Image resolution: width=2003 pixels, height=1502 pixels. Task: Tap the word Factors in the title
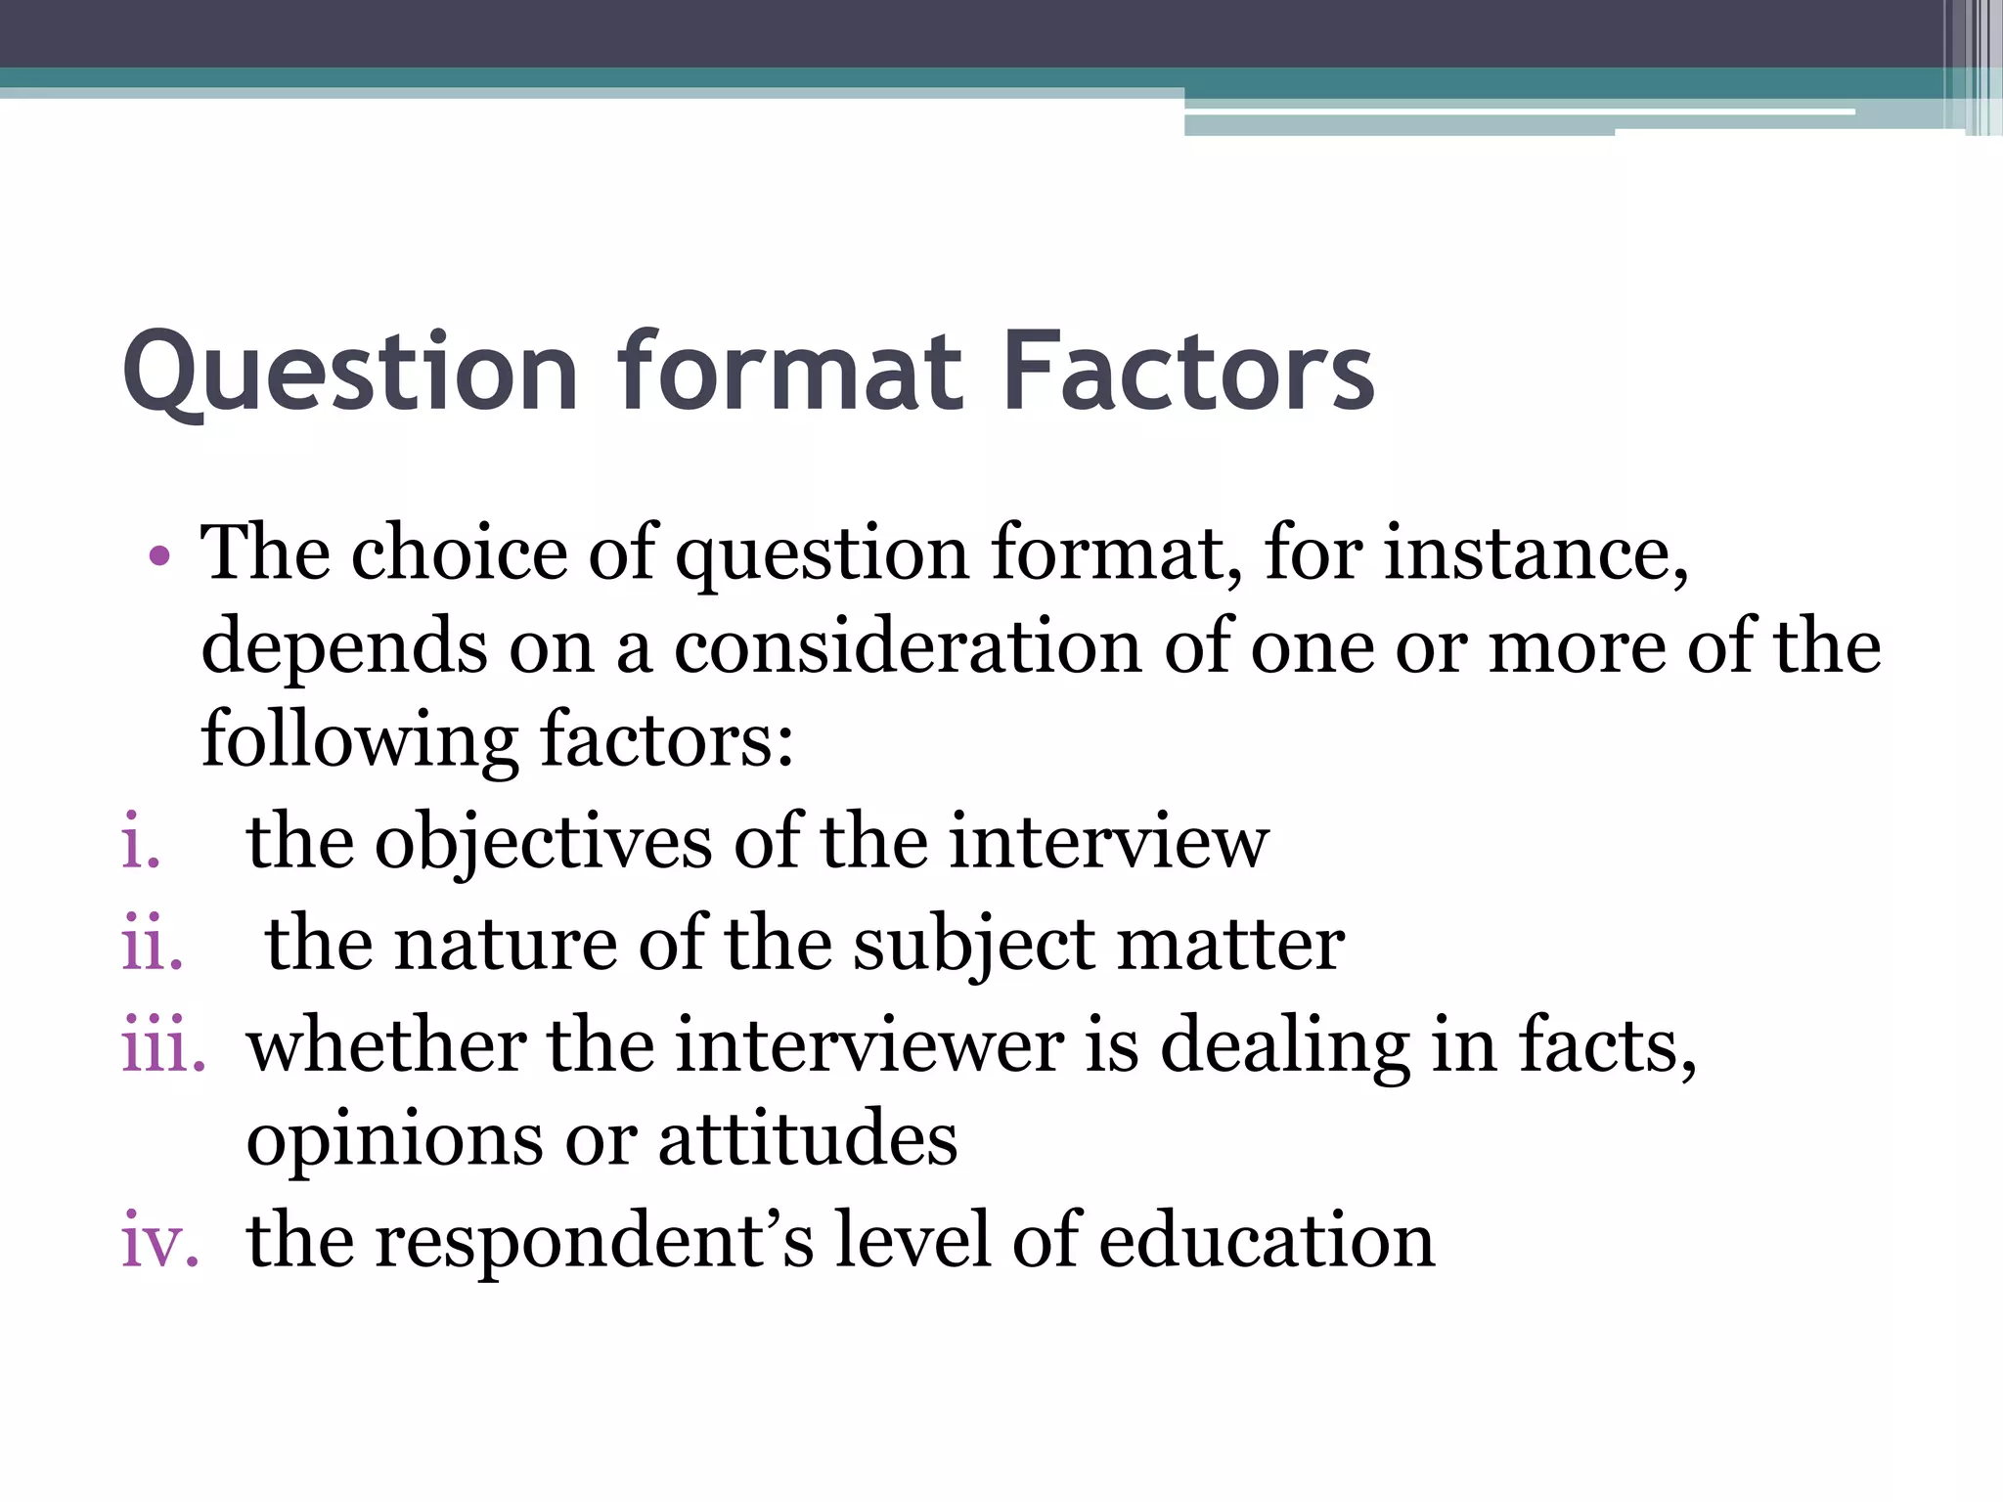tap(1188, 372)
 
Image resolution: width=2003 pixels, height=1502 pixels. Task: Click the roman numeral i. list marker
tap(141, 843)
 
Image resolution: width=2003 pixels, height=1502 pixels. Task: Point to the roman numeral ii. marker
tap(153, 945)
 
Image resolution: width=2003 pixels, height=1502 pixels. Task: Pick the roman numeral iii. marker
tap(163, 1046)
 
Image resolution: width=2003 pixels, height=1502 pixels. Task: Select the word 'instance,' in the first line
tap(1536, 553)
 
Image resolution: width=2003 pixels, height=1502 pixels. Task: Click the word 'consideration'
tap(908, 647)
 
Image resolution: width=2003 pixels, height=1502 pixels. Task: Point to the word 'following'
tap(359, 741)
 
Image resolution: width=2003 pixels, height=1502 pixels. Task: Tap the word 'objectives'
tap(543, 843)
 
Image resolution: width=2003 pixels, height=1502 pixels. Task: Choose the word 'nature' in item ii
tap(505, 945)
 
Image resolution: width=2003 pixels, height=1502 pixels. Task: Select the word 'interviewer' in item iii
tap(869, 1046)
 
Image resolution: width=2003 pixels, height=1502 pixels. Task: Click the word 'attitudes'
tap(808, 1140)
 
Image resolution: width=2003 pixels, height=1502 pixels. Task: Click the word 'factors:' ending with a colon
tap(667, 741)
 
